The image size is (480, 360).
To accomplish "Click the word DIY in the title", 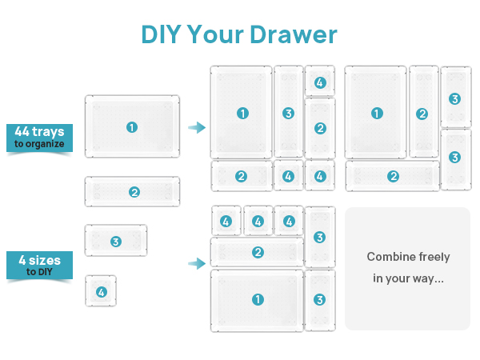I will (160, 34).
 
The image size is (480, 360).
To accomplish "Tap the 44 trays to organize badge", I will (39, 138).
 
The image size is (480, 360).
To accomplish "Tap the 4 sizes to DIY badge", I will (39, 266).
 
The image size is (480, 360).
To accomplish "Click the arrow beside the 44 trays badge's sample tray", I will (195, 127).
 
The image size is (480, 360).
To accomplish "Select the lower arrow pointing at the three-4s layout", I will (195, 263).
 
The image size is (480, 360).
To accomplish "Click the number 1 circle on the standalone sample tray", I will (132, 127).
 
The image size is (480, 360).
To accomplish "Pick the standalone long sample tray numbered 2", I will (132, 192).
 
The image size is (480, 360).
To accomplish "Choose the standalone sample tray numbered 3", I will (116, 241).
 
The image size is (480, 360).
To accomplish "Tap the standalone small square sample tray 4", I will (101, 292).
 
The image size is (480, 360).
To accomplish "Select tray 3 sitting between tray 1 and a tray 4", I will (288, 113).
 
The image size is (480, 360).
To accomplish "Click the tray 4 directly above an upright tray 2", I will (320, 82).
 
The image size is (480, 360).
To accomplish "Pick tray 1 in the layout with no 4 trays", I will (376, 113).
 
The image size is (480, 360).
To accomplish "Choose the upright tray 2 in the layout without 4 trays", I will (422, 113).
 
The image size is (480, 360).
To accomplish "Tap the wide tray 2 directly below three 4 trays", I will (258, 253).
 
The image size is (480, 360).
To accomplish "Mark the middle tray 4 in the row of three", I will (258, 221).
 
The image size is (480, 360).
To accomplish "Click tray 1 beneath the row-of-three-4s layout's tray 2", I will (258, 300).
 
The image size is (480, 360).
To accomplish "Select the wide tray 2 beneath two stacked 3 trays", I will (393, 176).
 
